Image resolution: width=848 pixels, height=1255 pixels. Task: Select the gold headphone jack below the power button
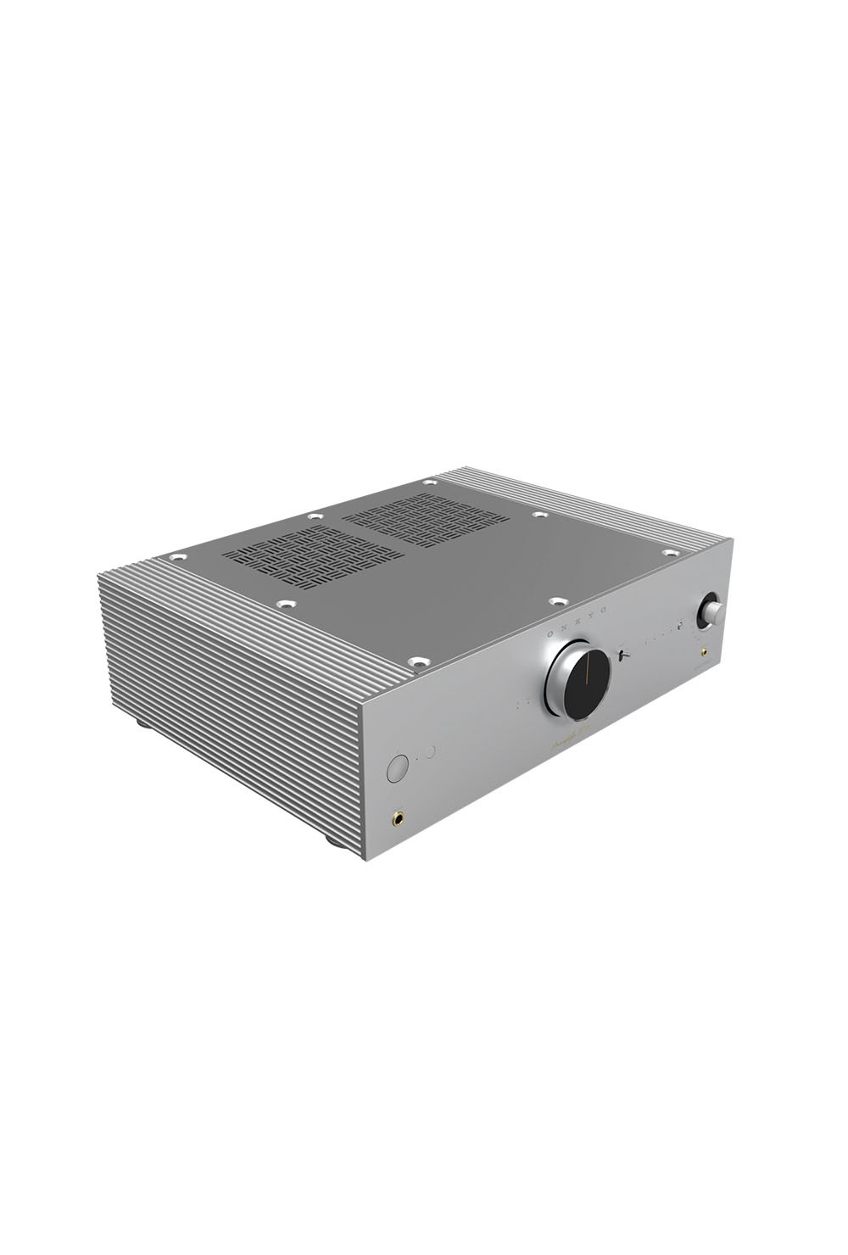pyautogui.click(x=397, y=818)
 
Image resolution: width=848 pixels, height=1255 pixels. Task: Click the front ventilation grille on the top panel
pyautogui.click(x=314, y=559)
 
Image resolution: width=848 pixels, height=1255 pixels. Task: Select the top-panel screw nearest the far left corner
pyautogui.click(x=177, y=557)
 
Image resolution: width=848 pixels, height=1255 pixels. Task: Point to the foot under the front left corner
pyautogui.click(x=329, y=844)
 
